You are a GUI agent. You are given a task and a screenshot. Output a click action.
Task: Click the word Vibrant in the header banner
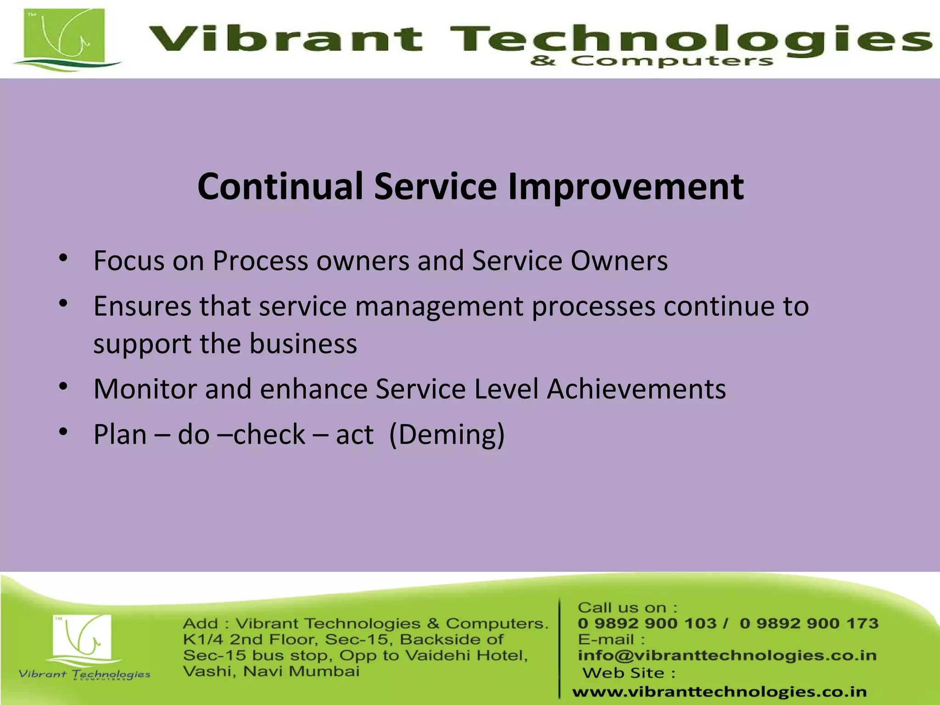(x=285, y=39)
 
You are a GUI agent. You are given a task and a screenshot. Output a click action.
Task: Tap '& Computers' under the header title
(x=651, y=61)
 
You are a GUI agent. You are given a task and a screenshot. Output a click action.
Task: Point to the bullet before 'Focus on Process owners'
(x=63, y=258)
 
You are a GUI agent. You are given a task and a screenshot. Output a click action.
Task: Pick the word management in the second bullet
(x=439, y=306)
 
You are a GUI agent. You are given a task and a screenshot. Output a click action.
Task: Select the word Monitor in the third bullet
(x=145, y=389)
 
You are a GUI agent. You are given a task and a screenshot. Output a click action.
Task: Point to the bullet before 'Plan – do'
(x=63, y=432)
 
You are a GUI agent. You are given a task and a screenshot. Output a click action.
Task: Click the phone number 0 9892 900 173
(x=809, y=623)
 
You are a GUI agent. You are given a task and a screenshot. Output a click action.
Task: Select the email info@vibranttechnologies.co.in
(x=727, y=655)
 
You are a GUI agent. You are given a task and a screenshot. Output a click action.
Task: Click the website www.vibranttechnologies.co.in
(x=719, y=692)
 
